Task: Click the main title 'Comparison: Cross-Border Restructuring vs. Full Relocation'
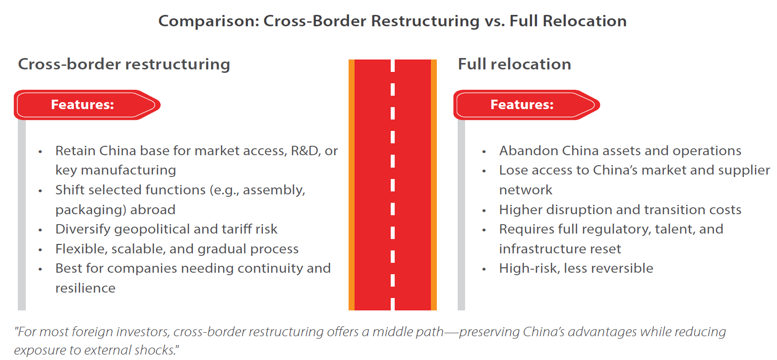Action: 392,21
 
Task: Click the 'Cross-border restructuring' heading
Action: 124,64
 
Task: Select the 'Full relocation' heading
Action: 514,64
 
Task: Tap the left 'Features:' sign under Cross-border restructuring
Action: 83,105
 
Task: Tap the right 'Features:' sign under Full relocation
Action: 522,105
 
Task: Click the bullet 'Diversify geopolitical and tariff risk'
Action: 166,229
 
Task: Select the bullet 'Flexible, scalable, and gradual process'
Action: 177,249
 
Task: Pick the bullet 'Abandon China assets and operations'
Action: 620,151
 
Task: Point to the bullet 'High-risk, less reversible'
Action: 576,268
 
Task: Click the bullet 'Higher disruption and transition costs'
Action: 620,210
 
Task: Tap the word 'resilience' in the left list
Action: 85,288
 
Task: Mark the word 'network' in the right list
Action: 526,190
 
